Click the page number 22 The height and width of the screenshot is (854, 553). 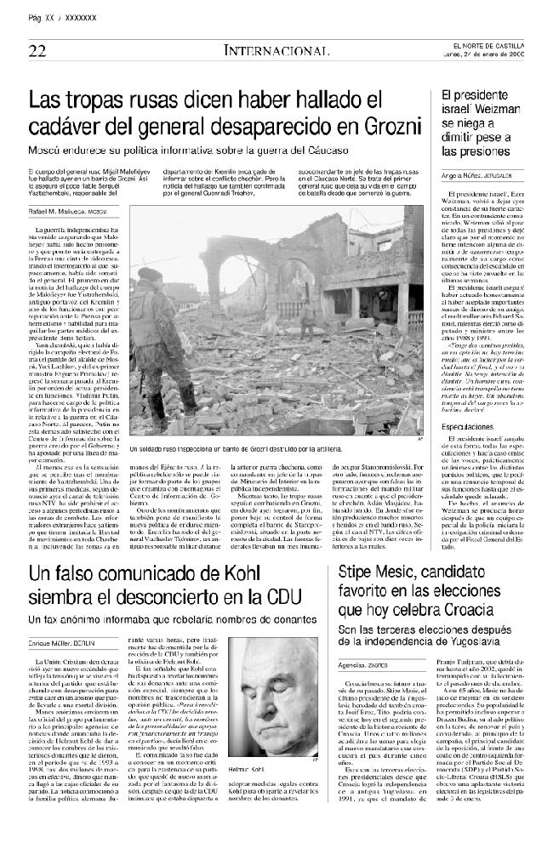pos(37,50)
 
